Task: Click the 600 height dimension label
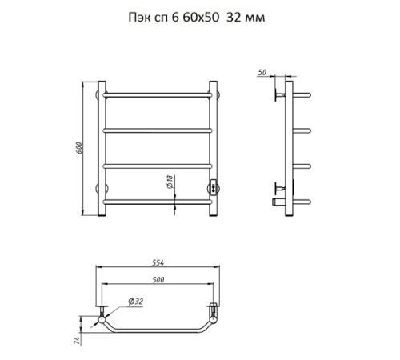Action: click(79, 148)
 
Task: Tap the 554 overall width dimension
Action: click(158, 262)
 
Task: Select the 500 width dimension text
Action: click(158, 280)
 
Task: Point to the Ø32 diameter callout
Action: click(136, 302)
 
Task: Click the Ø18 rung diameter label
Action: click(170, 182)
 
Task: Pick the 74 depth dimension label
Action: click(77, 341)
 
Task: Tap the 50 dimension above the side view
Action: click(262, 72)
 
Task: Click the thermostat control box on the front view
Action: click(214, 186)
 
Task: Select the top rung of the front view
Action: click(158, 95)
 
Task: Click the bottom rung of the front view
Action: click(158, 202)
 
